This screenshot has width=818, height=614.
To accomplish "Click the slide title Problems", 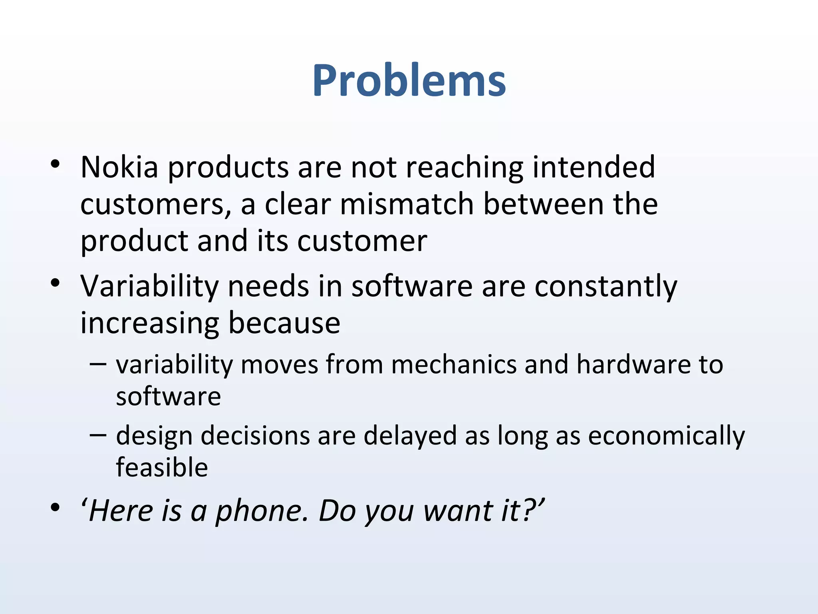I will coord(409,81).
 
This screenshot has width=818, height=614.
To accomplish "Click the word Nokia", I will coord(119,167).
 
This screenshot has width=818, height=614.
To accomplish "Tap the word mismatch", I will coord(407,204).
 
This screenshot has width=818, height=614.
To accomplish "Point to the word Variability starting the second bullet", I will coord(149,287).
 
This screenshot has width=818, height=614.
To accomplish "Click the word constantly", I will coord(606,287).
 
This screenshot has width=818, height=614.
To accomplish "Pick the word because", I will coord(284,323).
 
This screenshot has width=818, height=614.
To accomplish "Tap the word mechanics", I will coord(454,365).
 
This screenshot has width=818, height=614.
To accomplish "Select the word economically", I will coord(666,436).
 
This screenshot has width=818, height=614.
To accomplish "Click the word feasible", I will coord(162,467).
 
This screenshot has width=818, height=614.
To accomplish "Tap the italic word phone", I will coord(261,511).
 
